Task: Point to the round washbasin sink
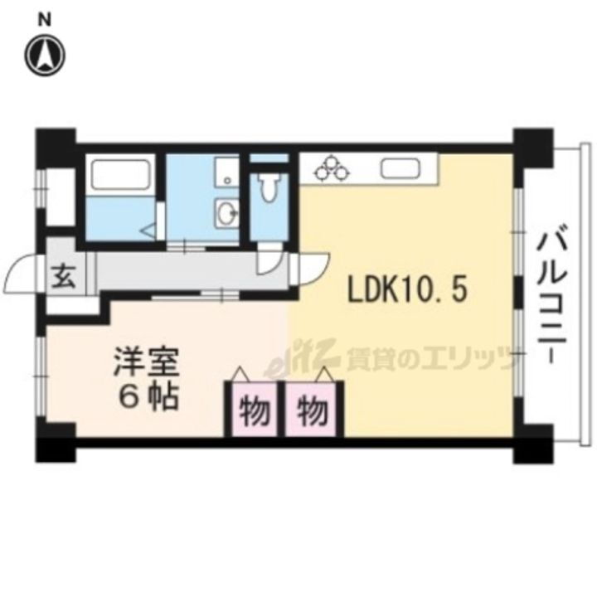225,215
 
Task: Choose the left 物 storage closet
252,409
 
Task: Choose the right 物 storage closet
312,409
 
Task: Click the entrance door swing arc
23,272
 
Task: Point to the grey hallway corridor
182,274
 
